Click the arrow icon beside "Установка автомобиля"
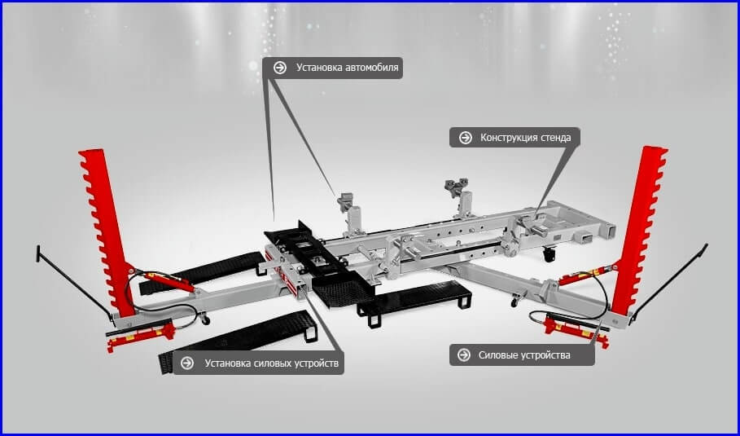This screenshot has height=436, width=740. [280, 68]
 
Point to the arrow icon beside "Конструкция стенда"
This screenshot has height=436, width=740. [466, 138]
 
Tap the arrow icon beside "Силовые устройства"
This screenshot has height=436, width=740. [464, 355]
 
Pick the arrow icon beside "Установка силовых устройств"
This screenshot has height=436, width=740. [187, 363]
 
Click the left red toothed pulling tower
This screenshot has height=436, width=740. [105, 231]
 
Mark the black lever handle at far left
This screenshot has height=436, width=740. [73, 283]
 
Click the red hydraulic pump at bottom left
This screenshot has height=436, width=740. [141, 335]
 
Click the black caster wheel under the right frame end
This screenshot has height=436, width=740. [549, 254]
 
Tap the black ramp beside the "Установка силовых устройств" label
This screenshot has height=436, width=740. [239, 341]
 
